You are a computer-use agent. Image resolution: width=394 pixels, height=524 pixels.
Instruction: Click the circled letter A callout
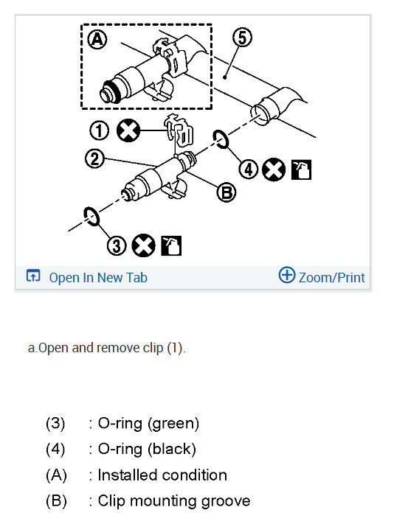[x=97, y=40]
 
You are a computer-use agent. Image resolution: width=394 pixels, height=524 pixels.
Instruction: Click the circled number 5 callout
[x=242, y=37]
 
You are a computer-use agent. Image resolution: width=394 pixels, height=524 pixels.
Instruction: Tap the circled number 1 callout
[x=100, y=130]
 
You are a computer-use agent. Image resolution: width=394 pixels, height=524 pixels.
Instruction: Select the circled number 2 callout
[x=94, y=158]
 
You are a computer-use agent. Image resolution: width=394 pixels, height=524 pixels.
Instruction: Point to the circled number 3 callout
[x=117, y=245]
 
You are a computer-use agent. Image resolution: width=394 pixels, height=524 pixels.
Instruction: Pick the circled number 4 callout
[x=248, y=170]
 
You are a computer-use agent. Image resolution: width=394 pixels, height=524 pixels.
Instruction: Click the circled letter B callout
[x=227, y=193]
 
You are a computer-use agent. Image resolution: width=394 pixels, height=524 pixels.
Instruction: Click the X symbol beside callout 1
[x=128, y=130]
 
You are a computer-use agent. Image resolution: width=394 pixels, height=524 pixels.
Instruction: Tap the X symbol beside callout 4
[x=274, y=170]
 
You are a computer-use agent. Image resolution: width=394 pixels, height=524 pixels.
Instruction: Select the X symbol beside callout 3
[x=143, y=245]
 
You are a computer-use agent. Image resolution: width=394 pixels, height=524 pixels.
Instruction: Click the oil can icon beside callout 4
[x=301, y=170]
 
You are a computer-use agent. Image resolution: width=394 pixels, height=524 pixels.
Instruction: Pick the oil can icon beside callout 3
[x=171, y=245]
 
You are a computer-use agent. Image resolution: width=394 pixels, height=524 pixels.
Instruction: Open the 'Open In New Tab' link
[x=98, y=278]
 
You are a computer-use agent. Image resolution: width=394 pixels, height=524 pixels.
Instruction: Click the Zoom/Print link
[x=331, y=278]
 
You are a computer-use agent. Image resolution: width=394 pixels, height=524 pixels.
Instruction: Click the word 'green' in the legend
[x=173, y=424]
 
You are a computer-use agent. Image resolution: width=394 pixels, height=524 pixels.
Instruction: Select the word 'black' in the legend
[x=172, y=449]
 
